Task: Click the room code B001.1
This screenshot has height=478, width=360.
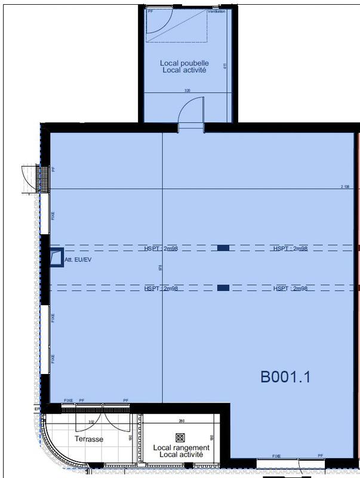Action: (285, 377)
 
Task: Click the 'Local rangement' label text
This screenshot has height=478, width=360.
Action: (181, 448)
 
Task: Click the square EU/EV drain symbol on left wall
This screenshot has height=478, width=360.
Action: (56, 257)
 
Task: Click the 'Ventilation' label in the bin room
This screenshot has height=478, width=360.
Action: (216, 11)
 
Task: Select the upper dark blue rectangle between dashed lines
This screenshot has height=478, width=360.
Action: (223, 247)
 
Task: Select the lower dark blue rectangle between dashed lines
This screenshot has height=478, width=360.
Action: (223, 288)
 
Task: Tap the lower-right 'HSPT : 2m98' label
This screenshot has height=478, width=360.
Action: (290, 289)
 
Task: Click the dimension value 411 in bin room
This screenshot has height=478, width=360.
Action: (225, 66)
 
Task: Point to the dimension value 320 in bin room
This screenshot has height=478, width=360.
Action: (187, 91)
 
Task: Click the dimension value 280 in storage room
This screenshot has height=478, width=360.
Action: (181, 421)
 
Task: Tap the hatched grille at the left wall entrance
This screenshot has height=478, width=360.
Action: (42, 179)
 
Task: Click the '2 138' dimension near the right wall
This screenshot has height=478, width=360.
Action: (344, 187)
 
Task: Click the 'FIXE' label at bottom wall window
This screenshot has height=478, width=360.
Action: (276, 456)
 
